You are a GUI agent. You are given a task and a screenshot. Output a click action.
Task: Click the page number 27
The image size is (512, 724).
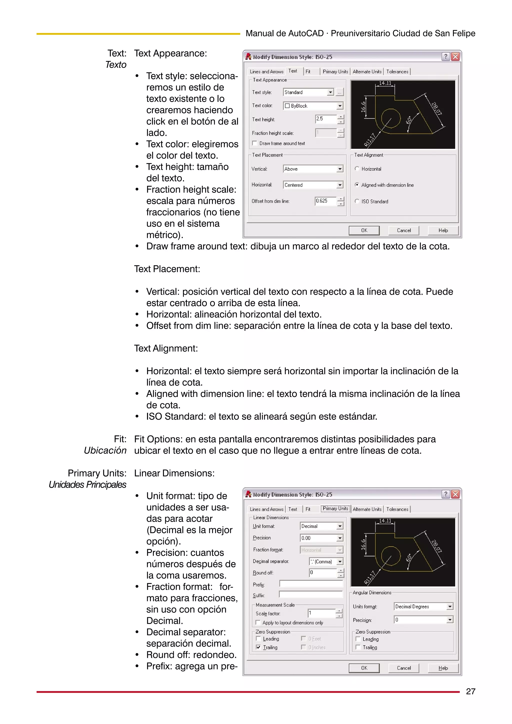[x=470, y=691]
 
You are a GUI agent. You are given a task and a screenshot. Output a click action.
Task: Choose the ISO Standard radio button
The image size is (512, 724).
[x=357, y=201]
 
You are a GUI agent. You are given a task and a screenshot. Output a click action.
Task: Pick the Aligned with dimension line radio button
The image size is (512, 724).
[x=357, y=185]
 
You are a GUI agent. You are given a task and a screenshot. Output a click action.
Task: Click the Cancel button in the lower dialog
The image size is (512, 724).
[x=403, y=668]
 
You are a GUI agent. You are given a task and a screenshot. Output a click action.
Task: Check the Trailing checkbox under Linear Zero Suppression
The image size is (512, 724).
[x=258, y=647]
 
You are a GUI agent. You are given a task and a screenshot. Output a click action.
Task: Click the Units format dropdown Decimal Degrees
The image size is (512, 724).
[x=423, y=606]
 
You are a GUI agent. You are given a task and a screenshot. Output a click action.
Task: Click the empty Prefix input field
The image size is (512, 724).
[x=311, y=584]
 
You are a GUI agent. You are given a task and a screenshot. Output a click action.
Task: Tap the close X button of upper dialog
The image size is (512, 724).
[x=455, y=57]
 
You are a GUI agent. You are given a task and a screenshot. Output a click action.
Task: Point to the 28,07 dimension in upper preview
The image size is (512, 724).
[x=436, y=109]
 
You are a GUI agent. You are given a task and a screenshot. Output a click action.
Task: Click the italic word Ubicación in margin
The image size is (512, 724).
[x=105, y=450]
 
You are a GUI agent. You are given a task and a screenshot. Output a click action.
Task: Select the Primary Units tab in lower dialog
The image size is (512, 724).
[x=335, y=509]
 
